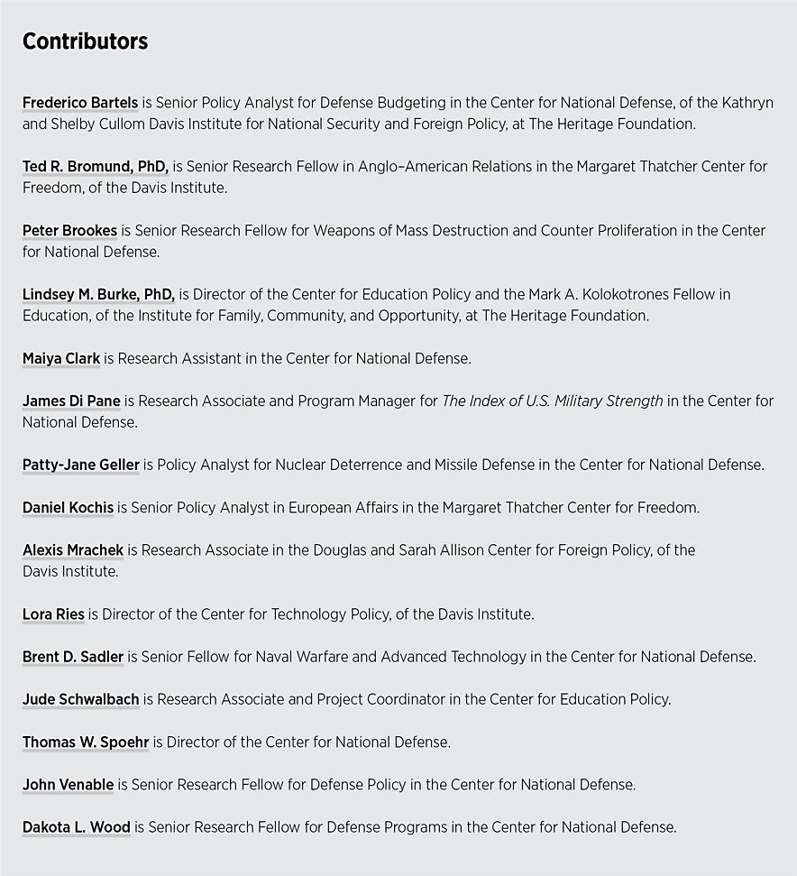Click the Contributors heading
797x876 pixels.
point(85,41)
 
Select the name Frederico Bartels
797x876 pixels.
point(80,103)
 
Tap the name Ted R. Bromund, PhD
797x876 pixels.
point(96,167)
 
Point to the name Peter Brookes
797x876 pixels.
point(69,231)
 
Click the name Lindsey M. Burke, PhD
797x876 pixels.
point(98,294)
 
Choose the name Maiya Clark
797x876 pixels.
point(61,358)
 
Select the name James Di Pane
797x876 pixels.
point(71,401)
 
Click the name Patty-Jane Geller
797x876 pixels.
point(81,465)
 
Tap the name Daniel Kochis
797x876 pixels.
point(68,507)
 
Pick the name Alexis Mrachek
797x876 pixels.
point(73,549)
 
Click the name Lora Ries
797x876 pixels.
point(53,614)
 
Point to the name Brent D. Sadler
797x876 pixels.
point(73,657)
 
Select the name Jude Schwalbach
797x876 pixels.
point(81,699)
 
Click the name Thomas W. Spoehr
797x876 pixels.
point(86,742)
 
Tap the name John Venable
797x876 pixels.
point(68,784)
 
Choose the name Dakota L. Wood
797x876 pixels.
point(77,826)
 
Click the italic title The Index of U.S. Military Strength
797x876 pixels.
point(553,401)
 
